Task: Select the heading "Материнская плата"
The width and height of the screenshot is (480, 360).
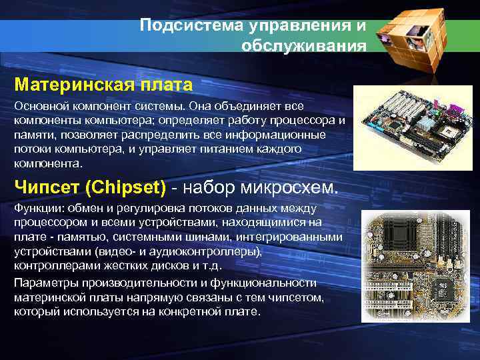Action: click(x=103, y=85)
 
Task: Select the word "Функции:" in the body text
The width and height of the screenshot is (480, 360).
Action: click(x=36, y=209)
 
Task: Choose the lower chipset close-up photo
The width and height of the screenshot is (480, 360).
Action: click(x=417, y=266)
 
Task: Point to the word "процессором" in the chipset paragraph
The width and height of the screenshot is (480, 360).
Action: click(x=45, y=223)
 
